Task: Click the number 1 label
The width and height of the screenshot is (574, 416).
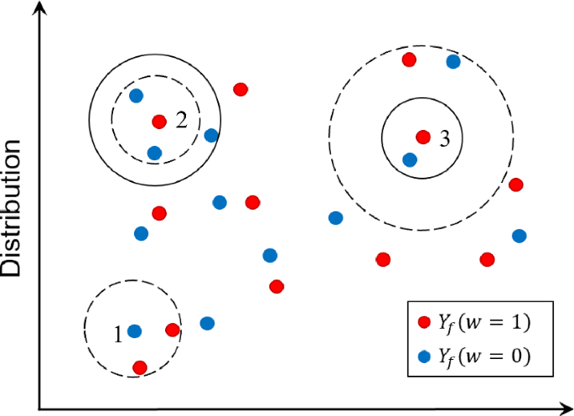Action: click(118, 334)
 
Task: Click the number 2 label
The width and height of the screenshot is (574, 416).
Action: click(181, 121)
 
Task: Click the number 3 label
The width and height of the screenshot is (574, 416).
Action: click(445, 140)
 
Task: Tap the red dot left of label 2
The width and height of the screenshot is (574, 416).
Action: click(159, 122)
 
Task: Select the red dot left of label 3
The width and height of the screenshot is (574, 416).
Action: click(422, 137)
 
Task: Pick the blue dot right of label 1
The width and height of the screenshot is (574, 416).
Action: click(134, 331)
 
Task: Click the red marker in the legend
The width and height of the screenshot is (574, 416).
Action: click(424, 322)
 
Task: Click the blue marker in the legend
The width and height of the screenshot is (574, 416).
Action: click(424, 356)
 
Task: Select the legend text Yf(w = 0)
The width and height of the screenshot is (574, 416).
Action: click(484, 356)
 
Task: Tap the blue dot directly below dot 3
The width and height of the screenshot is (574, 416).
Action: click(409, 159)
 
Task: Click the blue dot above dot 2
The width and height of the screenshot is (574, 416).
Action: click(137, 96)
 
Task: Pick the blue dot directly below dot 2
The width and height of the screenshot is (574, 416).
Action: click(154, 153)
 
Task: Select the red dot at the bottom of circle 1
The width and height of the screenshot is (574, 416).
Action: click(140, 367)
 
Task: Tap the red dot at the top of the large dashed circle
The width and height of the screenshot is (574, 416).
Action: click(409, 60)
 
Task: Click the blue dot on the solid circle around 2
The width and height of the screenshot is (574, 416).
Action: click(211, 135)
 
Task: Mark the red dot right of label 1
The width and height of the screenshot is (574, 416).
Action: click(173, 330)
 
